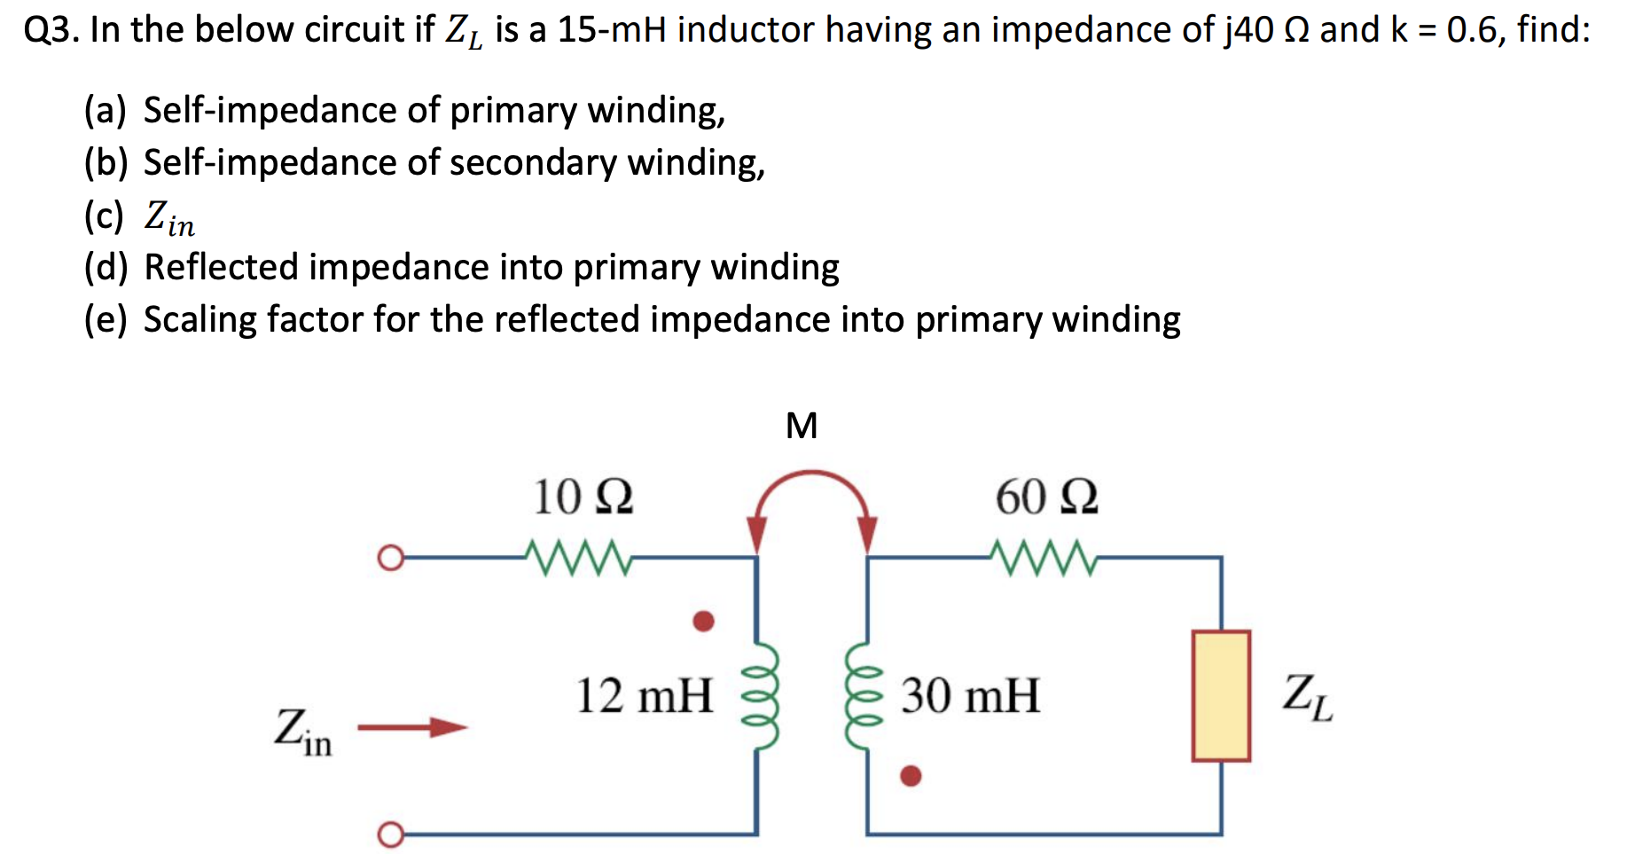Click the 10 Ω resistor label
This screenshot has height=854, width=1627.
click(x=583, y=497)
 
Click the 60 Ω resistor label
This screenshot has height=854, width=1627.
click(x=1046, y=497)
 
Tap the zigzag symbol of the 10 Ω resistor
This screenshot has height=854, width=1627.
click(x=578, y=558)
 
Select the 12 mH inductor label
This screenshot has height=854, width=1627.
click(x=645, y=695)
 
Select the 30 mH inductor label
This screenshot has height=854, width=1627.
click(x=970, y=695)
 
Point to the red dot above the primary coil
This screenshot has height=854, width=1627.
click(x=704, y=621)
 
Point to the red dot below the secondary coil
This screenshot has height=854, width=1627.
click(x=911, y=776)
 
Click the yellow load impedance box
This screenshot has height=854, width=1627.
click(x=1221, y=696)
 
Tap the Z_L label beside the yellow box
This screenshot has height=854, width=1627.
click(x=1307, y=697)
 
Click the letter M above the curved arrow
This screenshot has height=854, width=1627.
click(x=802, y=427)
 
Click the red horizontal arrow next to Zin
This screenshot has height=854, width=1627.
click(x=412, y=728)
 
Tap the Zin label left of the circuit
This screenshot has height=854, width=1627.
click(x=302, y=732)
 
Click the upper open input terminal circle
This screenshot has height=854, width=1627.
click(x=390, y=559)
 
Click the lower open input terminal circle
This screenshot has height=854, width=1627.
click(x=390, y=834)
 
